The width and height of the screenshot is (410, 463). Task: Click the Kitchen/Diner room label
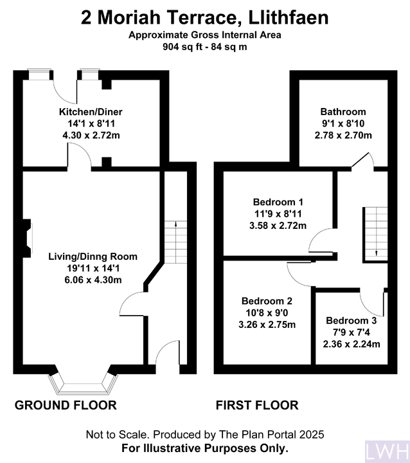click(91, 112)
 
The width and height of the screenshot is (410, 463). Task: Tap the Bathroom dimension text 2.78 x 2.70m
click(343, 135)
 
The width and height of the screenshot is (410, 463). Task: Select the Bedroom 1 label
click(278, 202)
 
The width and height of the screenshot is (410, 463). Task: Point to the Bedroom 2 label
click(267, 301)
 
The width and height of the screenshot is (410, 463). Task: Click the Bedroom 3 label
click(352, 320)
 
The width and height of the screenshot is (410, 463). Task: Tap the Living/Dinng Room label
click(93, 257)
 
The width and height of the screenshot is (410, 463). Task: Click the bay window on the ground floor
click(83, 384)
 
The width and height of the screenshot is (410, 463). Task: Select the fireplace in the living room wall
click(28, 239)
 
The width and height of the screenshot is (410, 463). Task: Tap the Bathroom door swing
click(363, 161)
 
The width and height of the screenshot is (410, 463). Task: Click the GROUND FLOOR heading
click(66, 405)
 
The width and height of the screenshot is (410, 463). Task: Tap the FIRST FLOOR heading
click(257, 405)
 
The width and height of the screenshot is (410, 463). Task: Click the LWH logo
click(388, 451)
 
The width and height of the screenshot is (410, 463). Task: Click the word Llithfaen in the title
click(289, 18)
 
